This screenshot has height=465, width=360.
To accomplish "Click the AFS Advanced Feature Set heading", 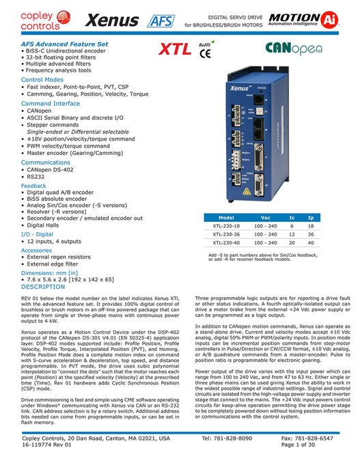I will click(55, 43).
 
